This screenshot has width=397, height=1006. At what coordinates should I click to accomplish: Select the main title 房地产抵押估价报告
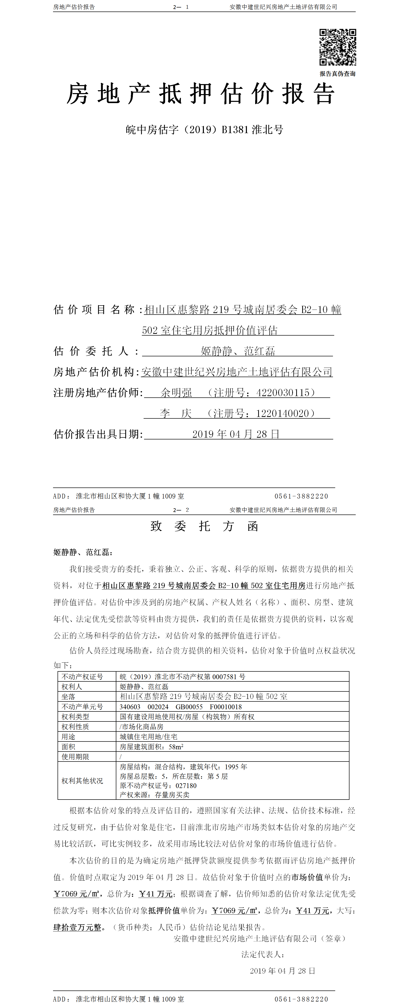[201, 94]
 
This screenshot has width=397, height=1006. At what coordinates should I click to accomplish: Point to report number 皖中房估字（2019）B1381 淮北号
[204, 130]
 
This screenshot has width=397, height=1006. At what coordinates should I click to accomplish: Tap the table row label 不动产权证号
[82, 677]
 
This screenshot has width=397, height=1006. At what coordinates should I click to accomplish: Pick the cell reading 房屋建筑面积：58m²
[151, 747]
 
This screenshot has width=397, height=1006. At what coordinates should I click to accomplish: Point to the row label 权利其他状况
[82, 781]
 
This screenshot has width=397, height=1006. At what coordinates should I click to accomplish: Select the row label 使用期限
[75, 757]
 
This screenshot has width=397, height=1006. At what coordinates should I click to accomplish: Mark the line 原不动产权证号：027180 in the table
[158, 785]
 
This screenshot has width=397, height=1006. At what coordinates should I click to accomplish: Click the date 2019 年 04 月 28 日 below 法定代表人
[282, 971]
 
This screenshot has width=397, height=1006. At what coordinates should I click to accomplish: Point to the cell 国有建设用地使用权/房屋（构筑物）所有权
[187, 717]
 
